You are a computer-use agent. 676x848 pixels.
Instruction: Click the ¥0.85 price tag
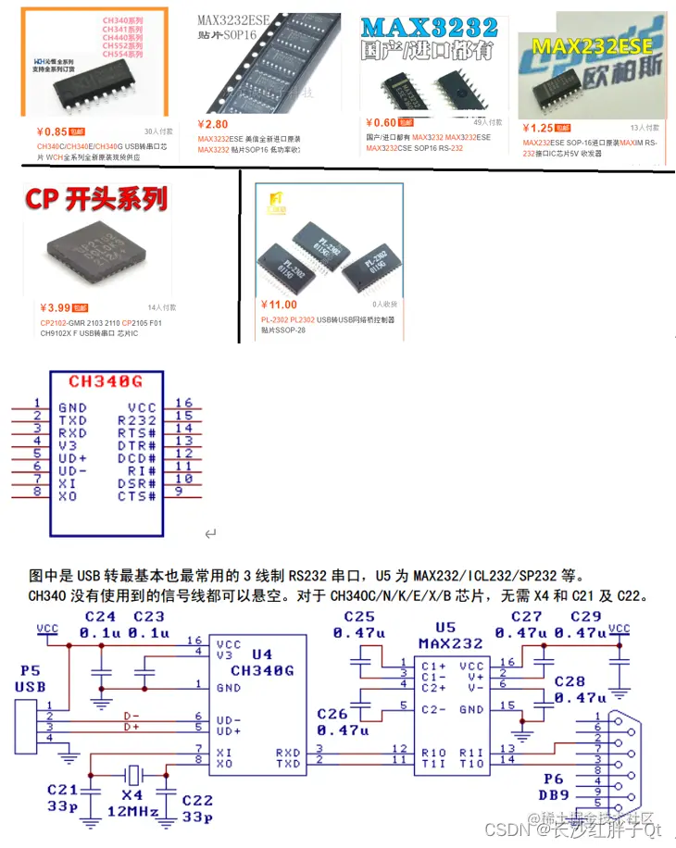point(54,131)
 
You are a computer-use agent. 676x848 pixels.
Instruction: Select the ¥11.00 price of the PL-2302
point(279,305)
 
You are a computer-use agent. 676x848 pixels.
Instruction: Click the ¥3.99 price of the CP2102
point(56,307)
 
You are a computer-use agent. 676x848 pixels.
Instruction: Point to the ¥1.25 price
point(540,128)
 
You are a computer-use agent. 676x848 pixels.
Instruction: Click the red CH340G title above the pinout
point(105,381)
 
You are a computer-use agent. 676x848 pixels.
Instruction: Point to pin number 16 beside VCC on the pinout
point(183,403)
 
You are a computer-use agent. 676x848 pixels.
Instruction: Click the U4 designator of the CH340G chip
point(261,654)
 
